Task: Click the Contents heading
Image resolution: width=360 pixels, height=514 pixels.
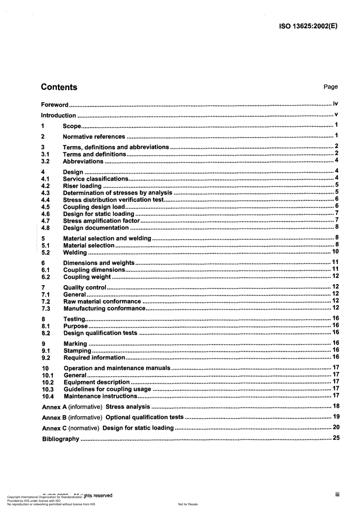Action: click(x=59, y=87)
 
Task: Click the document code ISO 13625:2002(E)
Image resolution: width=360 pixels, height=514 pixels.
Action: click(x=308, y=26)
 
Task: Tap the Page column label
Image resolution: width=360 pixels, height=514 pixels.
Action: click(x=330, y=87)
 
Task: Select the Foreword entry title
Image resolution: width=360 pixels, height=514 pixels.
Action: click(x=55, y=105)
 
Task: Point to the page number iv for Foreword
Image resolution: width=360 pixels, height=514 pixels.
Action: click(x=335, y=104)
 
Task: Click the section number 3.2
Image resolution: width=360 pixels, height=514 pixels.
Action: click(x=45, y=161)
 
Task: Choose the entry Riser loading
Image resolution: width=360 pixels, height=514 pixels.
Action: click(x=82, y=186)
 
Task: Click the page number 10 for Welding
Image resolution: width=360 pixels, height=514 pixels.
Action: click(x=335, y=252)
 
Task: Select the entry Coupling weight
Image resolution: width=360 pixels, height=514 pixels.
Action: click(x=87, y=277)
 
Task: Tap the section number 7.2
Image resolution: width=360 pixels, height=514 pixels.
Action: click(x=46, y=302)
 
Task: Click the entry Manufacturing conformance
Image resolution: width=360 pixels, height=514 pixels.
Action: click(x=104, y=309)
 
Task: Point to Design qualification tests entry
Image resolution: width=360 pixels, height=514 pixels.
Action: click(x=100, y=333)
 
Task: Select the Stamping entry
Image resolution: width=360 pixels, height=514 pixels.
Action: click(x=77, y=351)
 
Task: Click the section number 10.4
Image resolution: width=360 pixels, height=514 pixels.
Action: click(x=48, y=396)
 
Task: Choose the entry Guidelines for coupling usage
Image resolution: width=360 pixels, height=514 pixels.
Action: click(x=107, y=389)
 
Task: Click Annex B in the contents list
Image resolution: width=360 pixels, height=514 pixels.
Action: click(x=51, y=418)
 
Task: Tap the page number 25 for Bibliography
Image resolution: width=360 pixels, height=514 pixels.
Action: click(x=336, y=438)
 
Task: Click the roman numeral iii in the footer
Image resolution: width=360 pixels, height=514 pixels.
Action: click(x=337, y=495)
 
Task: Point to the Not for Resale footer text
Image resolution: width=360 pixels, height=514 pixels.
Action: click(x=188, y=505)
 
